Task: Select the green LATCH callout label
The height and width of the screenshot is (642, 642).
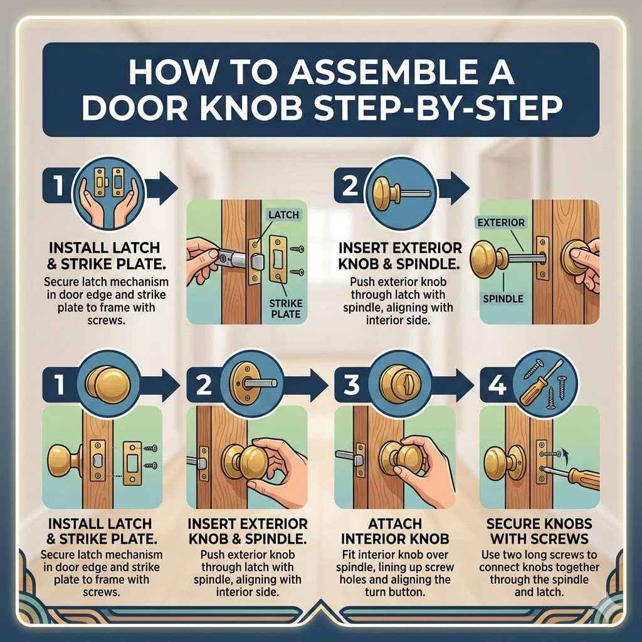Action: [x=283, y=215]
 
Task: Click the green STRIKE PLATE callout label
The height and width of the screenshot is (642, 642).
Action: [x=285, y=307]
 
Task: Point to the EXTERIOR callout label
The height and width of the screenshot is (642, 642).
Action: [x=501, y=223]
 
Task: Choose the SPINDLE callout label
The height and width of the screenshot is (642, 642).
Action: [x=503, y=298]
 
